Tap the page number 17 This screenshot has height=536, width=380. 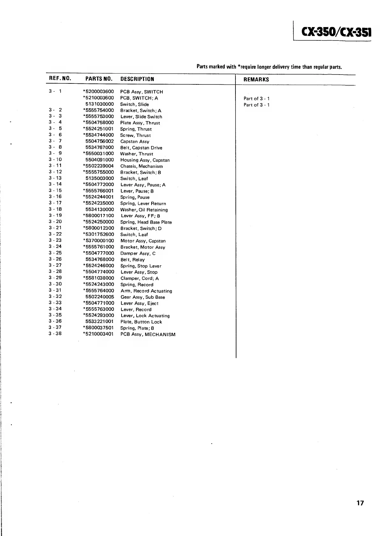tap(360, 503)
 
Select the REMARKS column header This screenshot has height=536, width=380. tap(256, 80)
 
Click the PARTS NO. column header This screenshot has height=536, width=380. tap(99, 79)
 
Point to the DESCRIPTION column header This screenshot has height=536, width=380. tap(137, 79)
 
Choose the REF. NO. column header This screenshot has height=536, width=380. tap(60, 79)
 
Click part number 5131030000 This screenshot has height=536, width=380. tap(100, 104)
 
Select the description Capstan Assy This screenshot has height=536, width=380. tap(135, 141)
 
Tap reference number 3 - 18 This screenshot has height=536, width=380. tap(55, 209)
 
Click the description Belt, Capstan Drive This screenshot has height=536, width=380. tap(141, 148)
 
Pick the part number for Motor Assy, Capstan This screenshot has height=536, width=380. tap(99, 240)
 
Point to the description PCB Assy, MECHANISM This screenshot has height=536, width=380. tap(148, 334)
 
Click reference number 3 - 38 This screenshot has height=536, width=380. tap(55, 334)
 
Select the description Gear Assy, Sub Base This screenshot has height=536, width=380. tap(143, 297)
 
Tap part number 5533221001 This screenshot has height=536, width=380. tap(99, 322)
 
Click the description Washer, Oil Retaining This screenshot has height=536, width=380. tap(144, 210)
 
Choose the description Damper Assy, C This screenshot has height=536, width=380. tap(138, 254)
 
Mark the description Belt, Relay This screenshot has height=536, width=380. tap(132, 260)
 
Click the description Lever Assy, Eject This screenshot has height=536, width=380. tap(139, 303)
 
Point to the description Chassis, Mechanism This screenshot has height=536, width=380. tap(141, 166)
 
